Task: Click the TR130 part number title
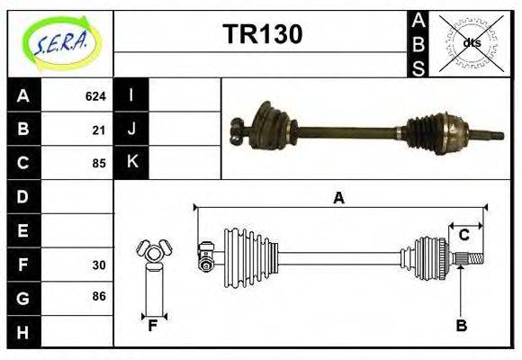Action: coord(262,33)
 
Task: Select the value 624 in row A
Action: coord(95,95)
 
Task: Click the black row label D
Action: coord(22,196)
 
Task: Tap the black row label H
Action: coord(22,331)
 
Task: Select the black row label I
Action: coord(131,95)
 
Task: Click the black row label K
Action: coord(131,163)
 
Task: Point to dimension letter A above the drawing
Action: coord(339,199)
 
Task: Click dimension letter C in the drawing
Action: coord(463,236)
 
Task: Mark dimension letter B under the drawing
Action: coord(461,326)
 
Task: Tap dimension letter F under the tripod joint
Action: coord(153,326)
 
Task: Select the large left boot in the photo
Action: coord(268,129)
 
